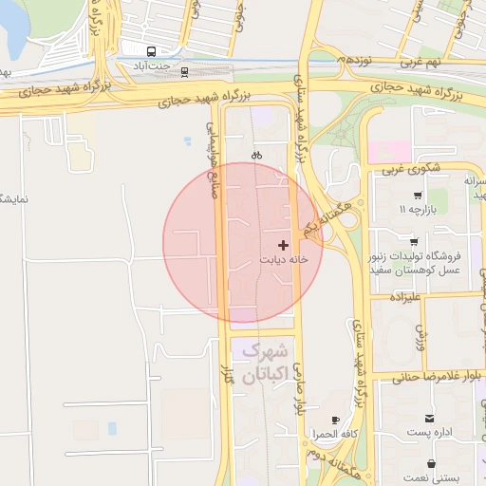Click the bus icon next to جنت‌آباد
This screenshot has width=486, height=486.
click(152, 51)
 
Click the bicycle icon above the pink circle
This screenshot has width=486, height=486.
click(256, 155)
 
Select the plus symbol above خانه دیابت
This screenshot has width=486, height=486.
click(283, 245)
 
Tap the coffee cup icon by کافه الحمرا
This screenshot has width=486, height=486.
click(334, 420)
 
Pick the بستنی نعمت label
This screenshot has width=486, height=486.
click(433, 479)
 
